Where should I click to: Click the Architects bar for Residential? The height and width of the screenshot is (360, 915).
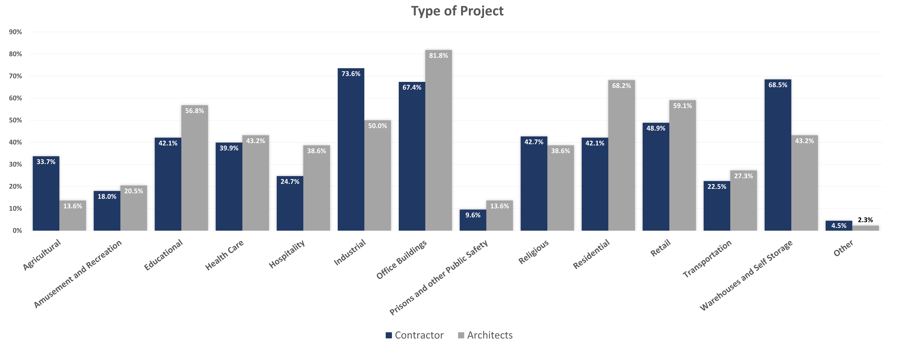pos(621,155)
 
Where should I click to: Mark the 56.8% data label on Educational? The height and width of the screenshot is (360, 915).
pos(195,111)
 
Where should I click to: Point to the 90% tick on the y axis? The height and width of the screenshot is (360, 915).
pos(15,32)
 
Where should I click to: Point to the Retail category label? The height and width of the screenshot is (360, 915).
pos(661,248)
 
